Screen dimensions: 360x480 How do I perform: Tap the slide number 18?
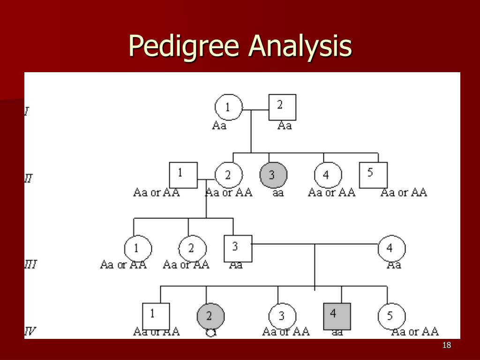coord(446,345)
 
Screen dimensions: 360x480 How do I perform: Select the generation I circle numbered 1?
coord(228,108)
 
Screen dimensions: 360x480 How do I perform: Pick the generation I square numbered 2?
coord(282,107)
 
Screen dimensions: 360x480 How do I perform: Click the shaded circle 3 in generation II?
coord(273,175)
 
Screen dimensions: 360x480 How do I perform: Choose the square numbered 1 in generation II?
coord(183,175)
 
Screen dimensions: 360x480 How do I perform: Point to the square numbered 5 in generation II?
coord(373,175)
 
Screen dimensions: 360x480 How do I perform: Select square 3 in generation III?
coord(238,248)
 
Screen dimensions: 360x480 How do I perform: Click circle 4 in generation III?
coord(391,248)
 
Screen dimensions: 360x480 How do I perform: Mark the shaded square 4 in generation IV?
coord(337,316)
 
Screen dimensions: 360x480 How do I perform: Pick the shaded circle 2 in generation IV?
coord(210,316)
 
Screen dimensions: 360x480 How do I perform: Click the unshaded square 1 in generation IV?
coord(156,316)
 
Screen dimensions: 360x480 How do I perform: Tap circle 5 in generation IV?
coord(391,316)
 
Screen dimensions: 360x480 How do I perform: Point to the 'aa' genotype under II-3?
coord(278,193)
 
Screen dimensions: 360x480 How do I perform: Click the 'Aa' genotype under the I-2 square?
coord(285,126)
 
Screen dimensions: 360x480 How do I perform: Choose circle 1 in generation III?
coord(138,248)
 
